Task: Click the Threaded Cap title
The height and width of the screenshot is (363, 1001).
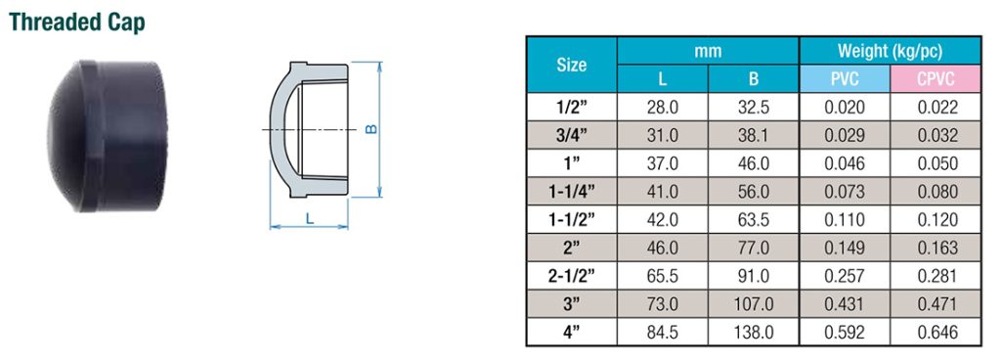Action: click(x=77, y=23)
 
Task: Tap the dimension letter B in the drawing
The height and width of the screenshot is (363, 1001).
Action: click(x=370, y=129)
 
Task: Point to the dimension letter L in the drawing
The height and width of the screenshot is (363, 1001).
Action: click(x=309, y=219)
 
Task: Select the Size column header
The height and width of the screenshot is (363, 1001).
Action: click(x=572, y=66)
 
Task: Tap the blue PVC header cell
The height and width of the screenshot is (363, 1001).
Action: click(x=845, y=79)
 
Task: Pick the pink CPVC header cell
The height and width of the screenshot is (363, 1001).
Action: click(x=936, y=79)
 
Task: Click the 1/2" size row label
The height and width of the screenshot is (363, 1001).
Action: click(x=572, y=107)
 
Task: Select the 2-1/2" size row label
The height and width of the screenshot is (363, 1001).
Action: click(x=572, y=276)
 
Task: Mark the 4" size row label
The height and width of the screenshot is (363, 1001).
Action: click(x=572, y=333)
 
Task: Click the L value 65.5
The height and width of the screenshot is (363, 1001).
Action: click(x=663, y=276)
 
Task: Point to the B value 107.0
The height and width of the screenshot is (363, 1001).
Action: click(x=754, y=304)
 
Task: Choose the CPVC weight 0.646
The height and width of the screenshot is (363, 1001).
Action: click(x=936, y=333)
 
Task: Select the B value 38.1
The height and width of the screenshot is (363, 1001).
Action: click(x=754, y=135)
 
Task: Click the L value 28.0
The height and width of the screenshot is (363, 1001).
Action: click(x=663, y=107)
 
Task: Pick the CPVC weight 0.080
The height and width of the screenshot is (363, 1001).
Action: click(x=936, y=192)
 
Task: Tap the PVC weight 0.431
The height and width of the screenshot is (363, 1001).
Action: click(x=845, y=304)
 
